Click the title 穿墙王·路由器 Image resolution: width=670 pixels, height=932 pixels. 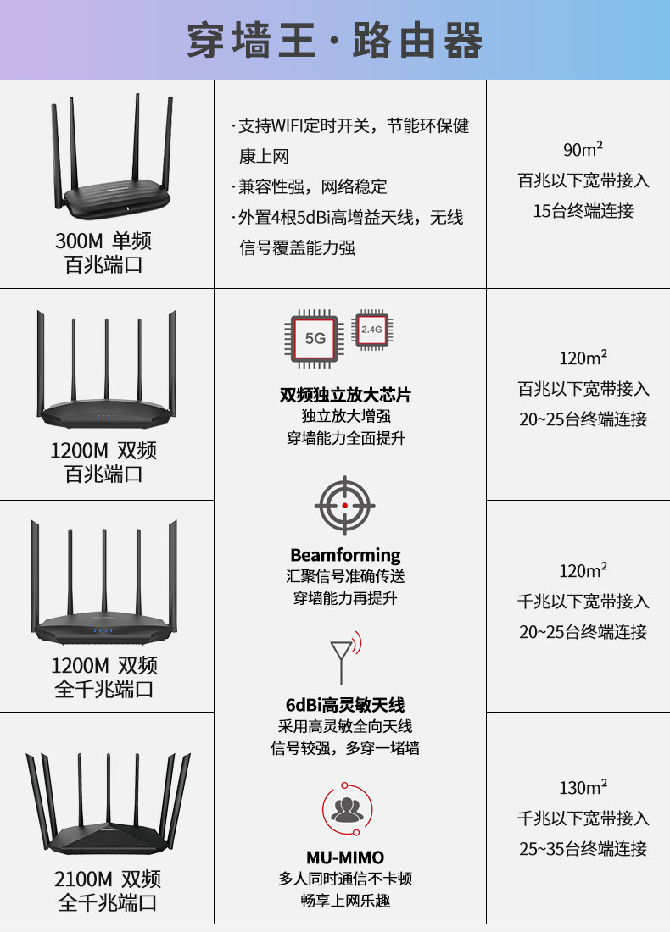334,41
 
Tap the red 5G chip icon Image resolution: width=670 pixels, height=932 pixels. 314,338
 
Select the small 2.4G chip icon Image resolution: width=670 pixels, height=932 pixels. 371,330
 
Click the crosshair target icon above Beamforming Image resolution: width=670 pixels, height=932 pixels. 344,505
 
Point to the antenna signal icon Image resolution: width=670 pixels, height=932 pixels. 345,657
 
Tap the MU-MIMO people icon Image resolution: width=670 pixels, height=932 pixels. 347,809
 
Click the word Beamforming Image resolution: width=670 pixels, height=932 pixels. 345,555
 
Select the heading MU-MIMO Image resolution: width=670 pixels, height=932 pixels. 345,857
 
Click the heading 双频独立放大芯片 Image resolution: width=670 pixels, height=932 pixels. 345,395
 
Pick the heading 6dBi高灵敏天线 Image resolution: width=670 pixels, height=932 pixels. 345,705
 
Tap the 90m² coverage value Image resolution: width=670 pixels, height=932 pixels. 583,148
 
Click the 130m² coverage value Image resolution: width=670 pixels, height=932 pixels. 583,787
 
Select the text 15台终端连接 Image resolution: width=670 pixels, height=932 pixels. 583,211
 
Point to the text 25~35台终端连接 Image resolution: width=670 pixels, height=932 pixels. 583,849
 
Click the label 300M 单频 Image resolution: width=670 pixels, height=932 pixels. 103,241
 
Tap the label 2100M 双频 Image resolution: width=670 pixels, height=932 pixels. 108,879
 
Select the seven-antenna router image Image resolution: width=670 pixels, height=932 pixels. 108,803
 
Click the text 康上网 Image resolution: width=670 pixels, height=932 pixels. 264,157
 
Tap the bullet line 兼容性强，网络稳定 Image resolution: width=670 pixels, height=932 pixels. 310,186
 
